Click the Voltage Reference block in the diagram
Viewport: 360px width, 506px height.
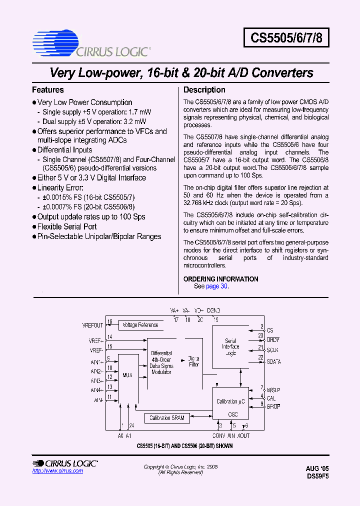[x=140, y=325]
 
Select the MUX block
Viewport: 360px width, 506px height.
[x=127, y=375]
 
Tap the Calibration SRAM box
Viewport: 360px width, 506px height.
[x=167, y=418]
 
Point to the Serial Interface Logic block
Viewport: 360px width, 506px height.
[x=230, y=347]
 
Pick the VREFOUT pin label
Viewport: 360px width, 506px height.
[x=92, y=325]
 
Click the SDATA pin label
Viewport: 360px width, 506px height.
[x=273, y=361]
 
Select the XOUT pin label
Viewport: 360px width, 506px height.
[x=243, y=435]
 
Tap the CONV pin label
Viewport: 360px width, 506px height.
[x=218, y=435]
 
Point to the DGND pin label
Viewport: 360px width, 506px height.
[x=213, y=310]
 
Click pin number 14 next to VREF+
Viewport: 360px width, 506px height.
[x=110, y=337]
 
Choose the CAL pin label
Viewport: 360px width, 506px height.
[x=271, y=398]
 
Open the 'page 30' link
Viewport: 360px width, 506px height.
[x=217, y=286]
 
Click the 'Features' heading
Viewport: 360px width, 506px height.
[x=48, y=90]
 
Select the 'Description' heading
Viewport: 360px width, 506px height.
[x=204, y=90]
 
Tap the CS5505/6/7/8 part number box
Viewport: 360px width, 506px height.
[x=286, y=37]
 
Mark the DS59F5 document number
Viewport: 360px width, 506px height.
[x=317, y=476]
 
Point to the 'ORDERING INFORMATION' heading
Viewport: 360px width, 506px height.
[x=221, y=279]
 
